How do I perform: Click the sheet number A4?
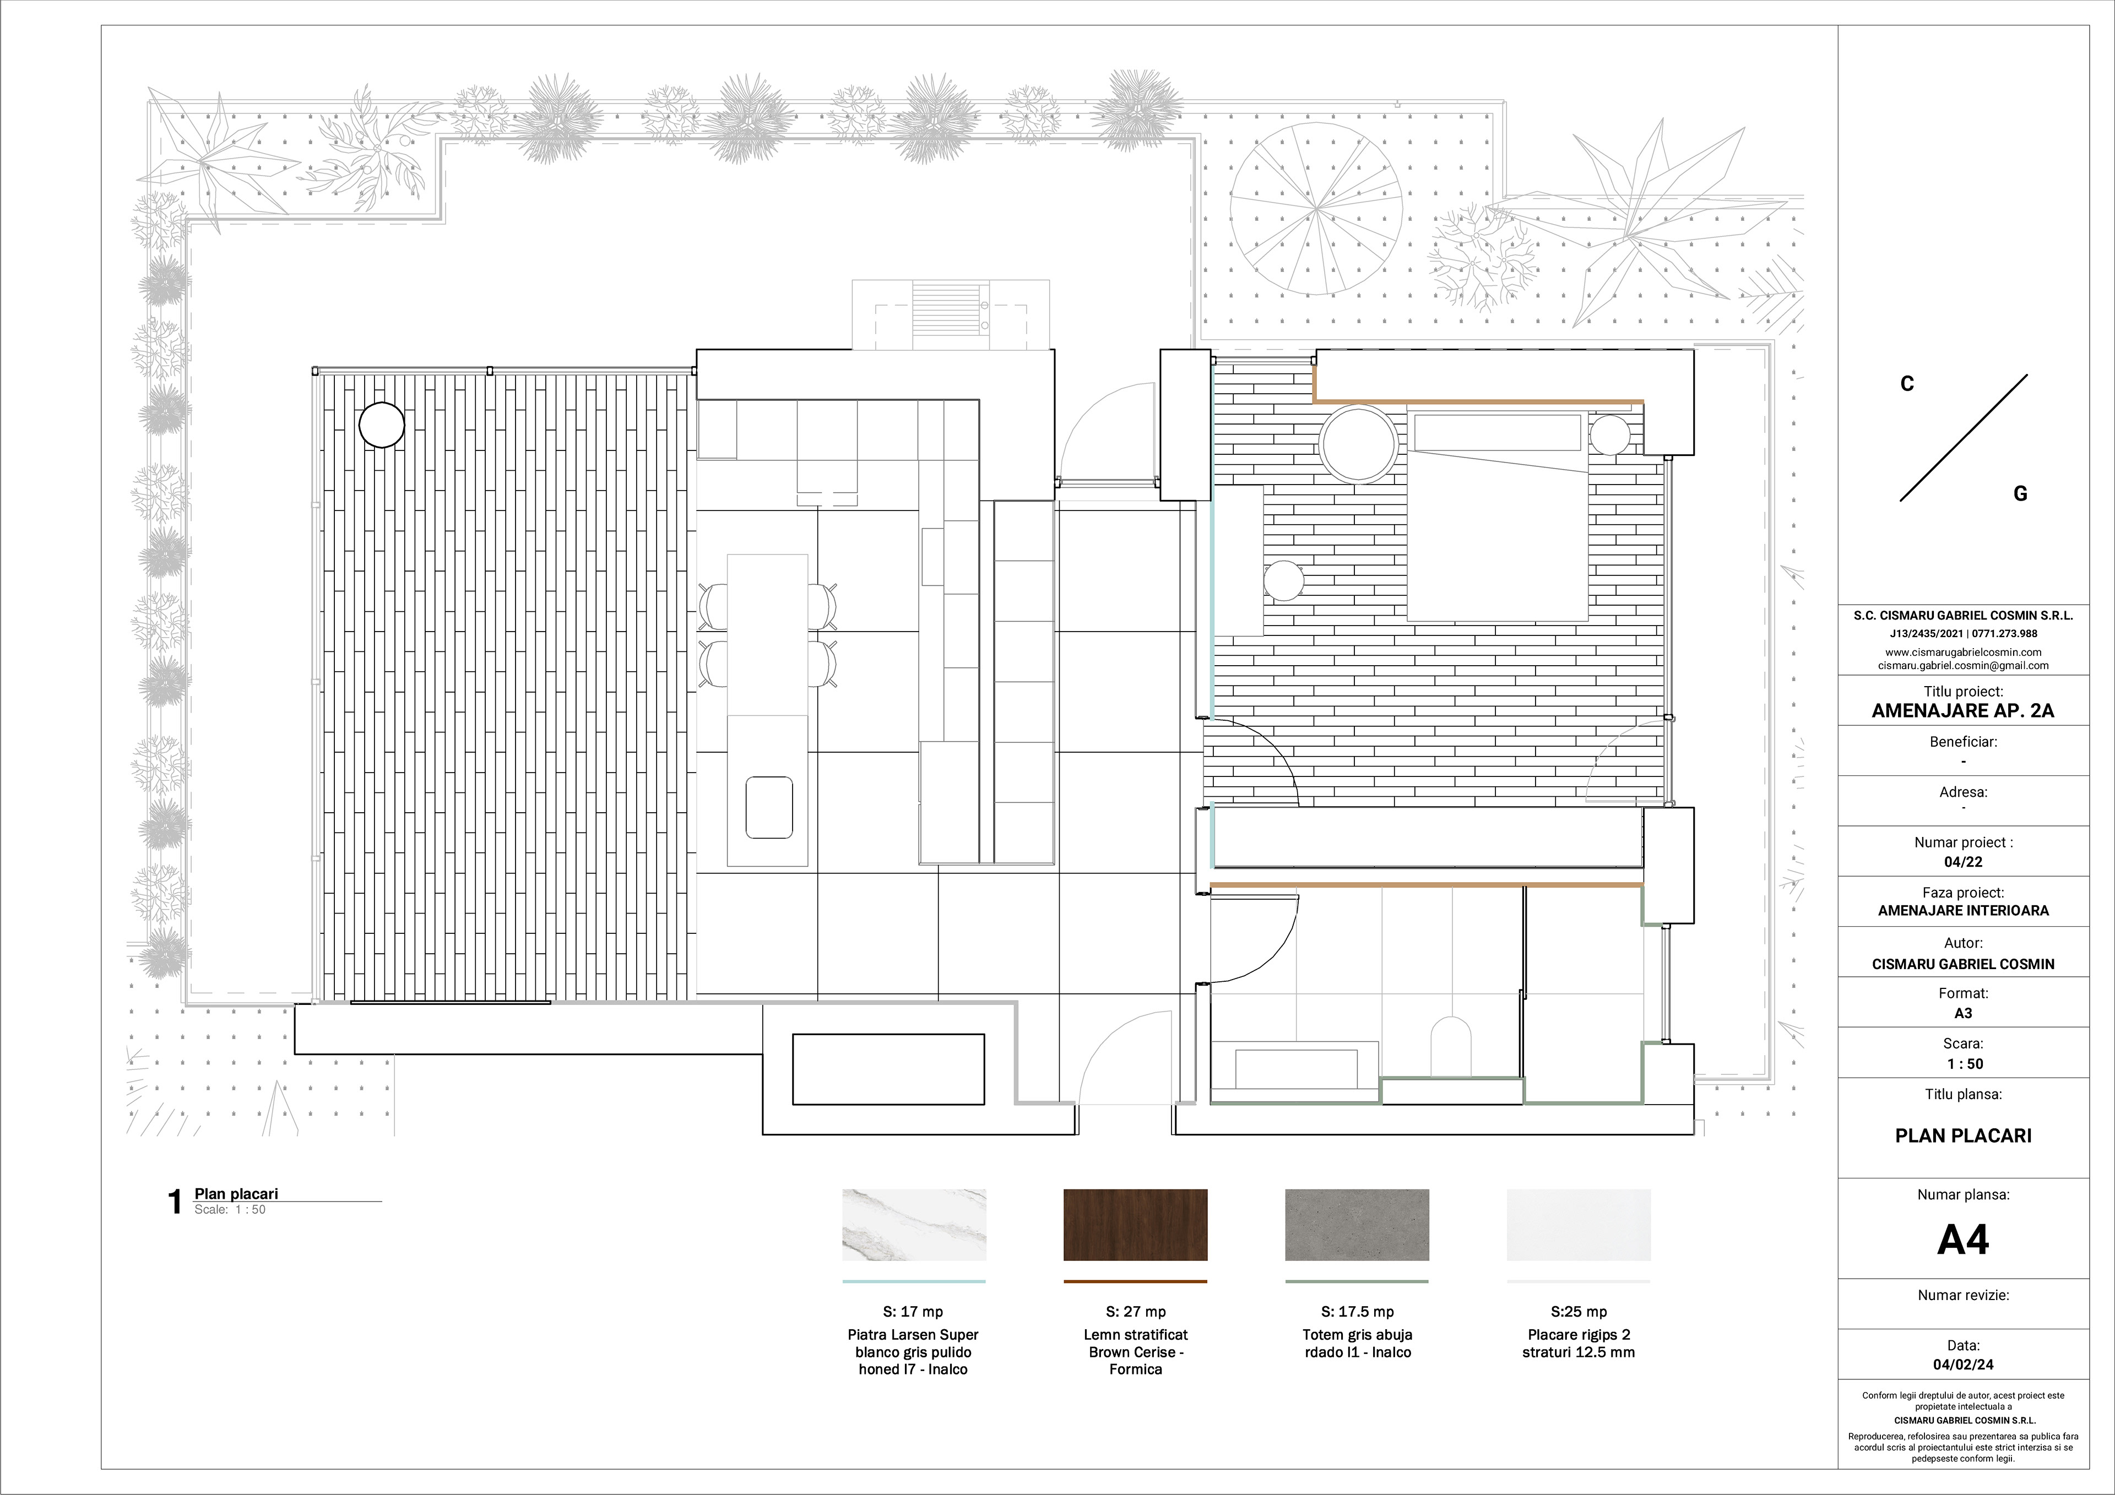pyautogui.click(x=1963, y=1240)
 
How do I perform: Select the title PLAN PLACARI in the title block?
pyautogui.click(x=1963, y=1136)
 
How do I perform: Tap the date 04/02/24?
pyautogui.click(x=1963, y=1364)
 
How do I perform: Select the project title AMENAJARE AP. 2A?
pyautogui.click(x=1963, y=710)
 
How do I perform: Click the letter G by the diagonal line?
pyautogui.click(x=2020, y=494)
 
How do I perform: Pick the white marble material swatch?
pyautogui.click(x=914, y=1224)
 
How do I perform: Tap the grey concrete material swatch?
pyautogui.click(x=1357, y=1224)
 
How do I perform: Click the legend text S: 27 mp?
pyautogui.click(x=1136, y=1312)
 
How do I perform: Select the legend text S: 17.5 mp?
pyautogui.click(x=1357, y=1312)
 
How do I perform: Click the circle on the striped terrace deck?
pyautogui.click(x=381, y=426)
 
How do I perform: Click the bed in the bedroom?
pyautogui.click(x=1498, y=516)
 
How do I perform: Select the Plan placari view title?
pyautogui.click(x=236, y=1194)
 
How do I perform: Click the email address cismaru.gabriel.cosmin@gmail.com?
pyautogui.click(x=1963, y=665)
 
